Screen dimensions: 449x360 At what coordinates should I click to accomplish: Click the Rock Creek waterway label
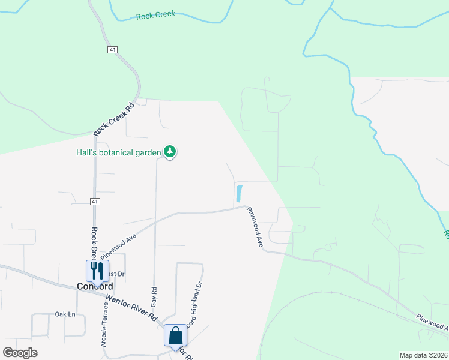(x=155, y=14)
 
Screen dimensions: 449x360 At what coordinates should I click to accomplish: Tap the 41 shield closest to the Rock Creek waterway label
(x=113, y=50)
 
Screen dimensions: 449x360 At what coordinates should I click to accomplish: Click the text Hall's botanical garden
(x=118, y=152)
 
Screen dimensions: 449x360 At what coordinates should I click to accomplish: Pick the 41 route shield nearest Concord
(x=95, y=202)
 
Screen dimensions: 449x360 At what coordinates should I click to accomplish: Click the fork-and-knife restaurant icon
(x=97, y=271)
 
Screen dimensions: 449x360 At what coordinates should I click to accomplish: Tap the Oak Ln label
(x=65, y=314)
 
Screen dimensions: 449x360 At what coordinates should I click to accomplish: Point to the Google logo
(x=20, y=353)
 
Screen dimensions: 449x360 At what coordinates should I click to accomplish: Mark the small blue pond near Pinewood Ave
(x=239, y=194)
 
